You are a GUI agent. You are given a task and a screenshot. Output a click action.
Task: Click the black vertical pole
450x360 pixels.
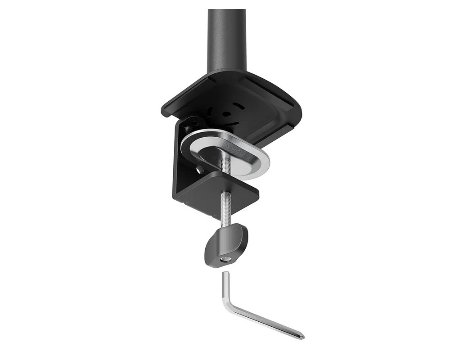227,38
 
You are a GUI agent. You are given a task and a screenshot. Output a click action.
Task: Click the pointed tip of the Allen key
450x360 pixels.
302,337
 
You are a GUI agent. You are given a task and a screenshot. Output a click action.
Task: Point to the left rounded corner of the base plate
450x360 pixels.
166,109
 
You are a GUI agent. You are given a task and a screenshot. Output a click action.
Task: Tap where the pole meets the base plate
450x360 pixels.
227,71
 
